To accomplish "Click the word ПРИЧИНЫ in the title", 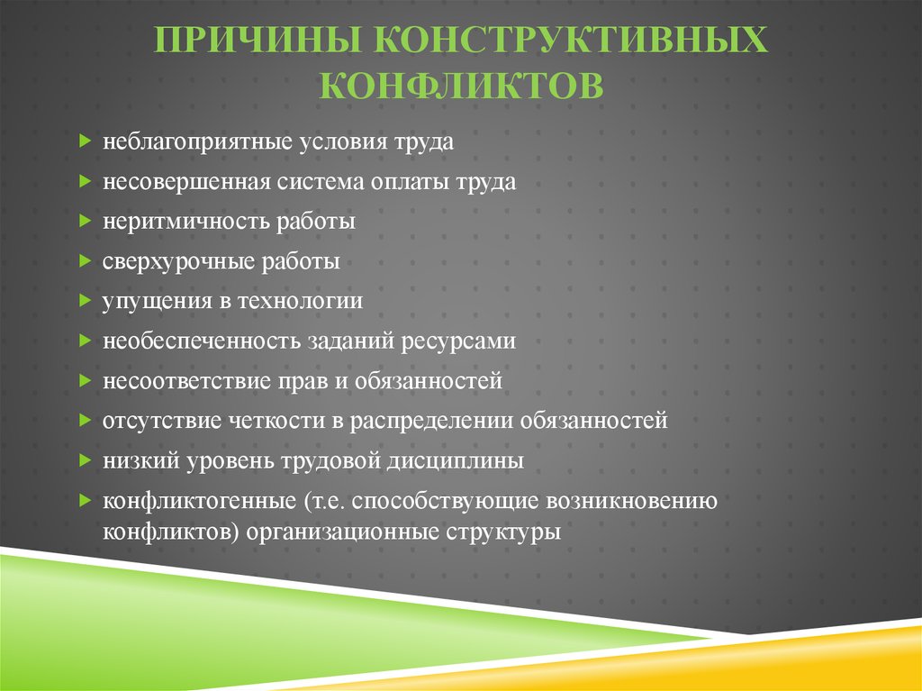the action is coord(257,40).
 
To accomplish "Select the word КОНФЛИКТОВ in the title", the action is coord(461,86).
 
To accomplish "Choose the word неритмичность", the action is coord(185,222).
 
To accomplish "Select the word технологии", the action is coord(300,302).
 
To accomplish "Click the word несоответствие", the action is coord(186,381).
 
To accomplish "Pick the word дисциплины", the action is coord(455,461).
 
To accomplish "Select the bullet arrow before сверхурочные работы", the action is coord(86,260).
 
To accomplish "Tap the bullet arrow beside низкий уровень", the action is coord(86,459).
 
